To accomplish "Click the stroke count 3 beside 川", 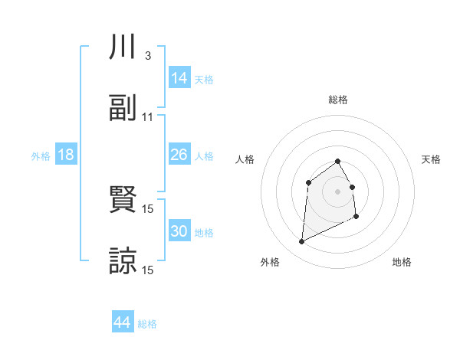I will coord(147,57).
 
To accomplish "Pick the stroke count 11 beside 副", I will coord(148,116).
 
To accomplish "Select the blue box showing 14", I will coord(179,78).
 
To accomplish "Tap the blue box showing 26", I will coord(179,155).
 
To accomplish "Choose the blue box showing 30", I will coord(179,231).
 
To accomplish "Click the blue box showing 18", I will coord(66,155).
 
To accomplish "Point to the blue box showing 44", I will coord(123,323).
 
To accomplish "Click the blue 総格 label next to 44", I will coord(147,324).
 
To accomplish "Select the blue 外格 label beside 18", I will coord(41,155).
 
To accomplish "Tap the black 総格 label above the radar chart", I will coord(338,100).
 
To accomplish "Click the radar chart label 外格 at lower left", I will coord(270,262).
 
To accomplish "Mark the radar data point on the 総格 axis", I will coord(338,161).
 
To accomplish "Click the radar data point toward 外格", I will coord(301,242).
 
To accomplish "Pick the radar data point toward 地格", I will coord(357,217).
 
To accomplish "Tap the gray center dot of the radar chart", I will coord(338,191).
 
